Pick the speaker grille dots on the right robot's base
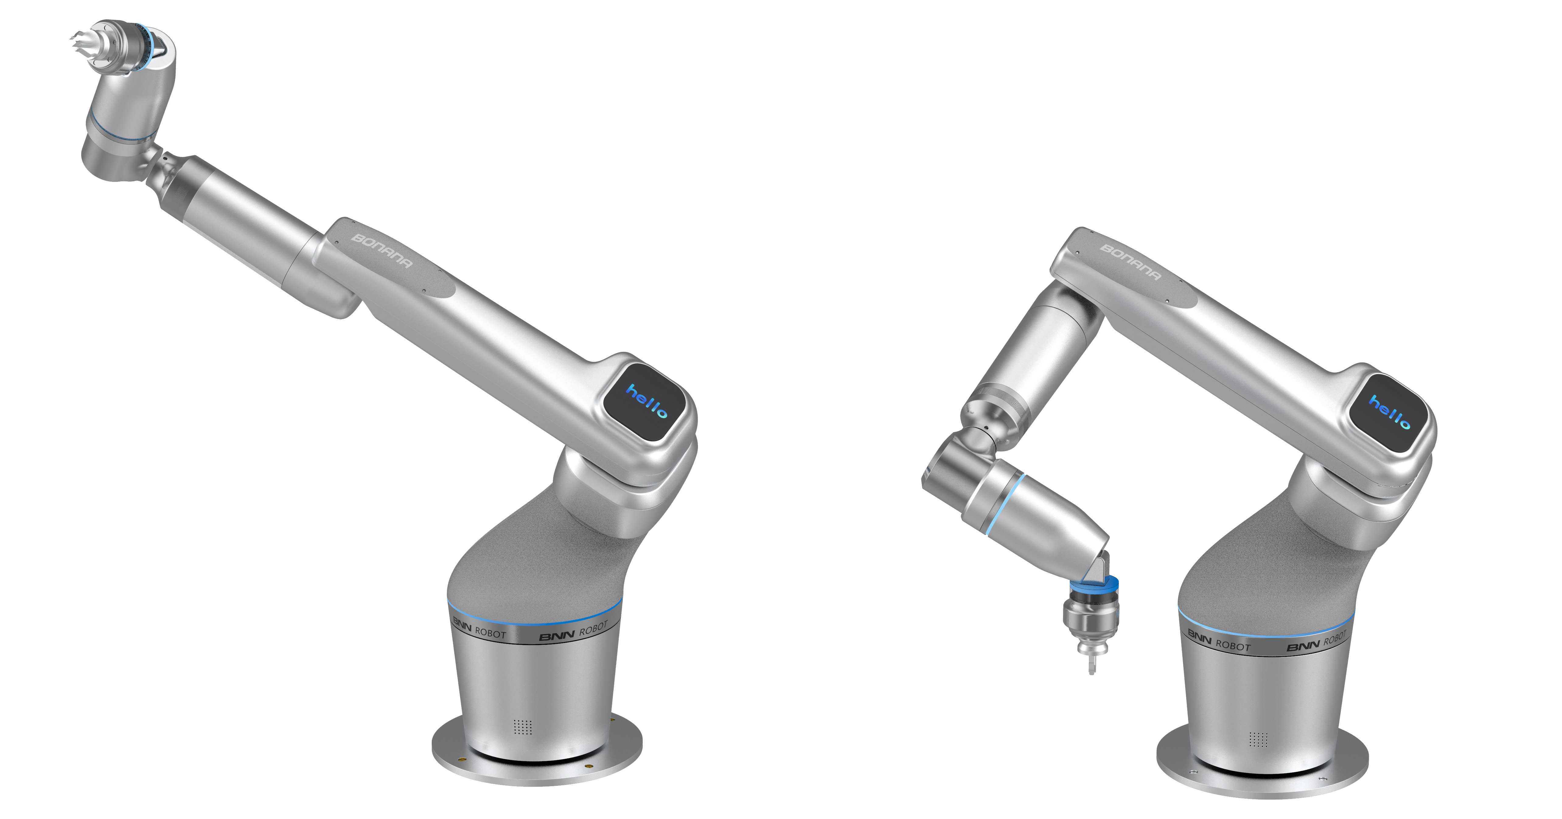[1258, 739]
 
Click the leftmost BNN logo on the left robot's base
[462, 624]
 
